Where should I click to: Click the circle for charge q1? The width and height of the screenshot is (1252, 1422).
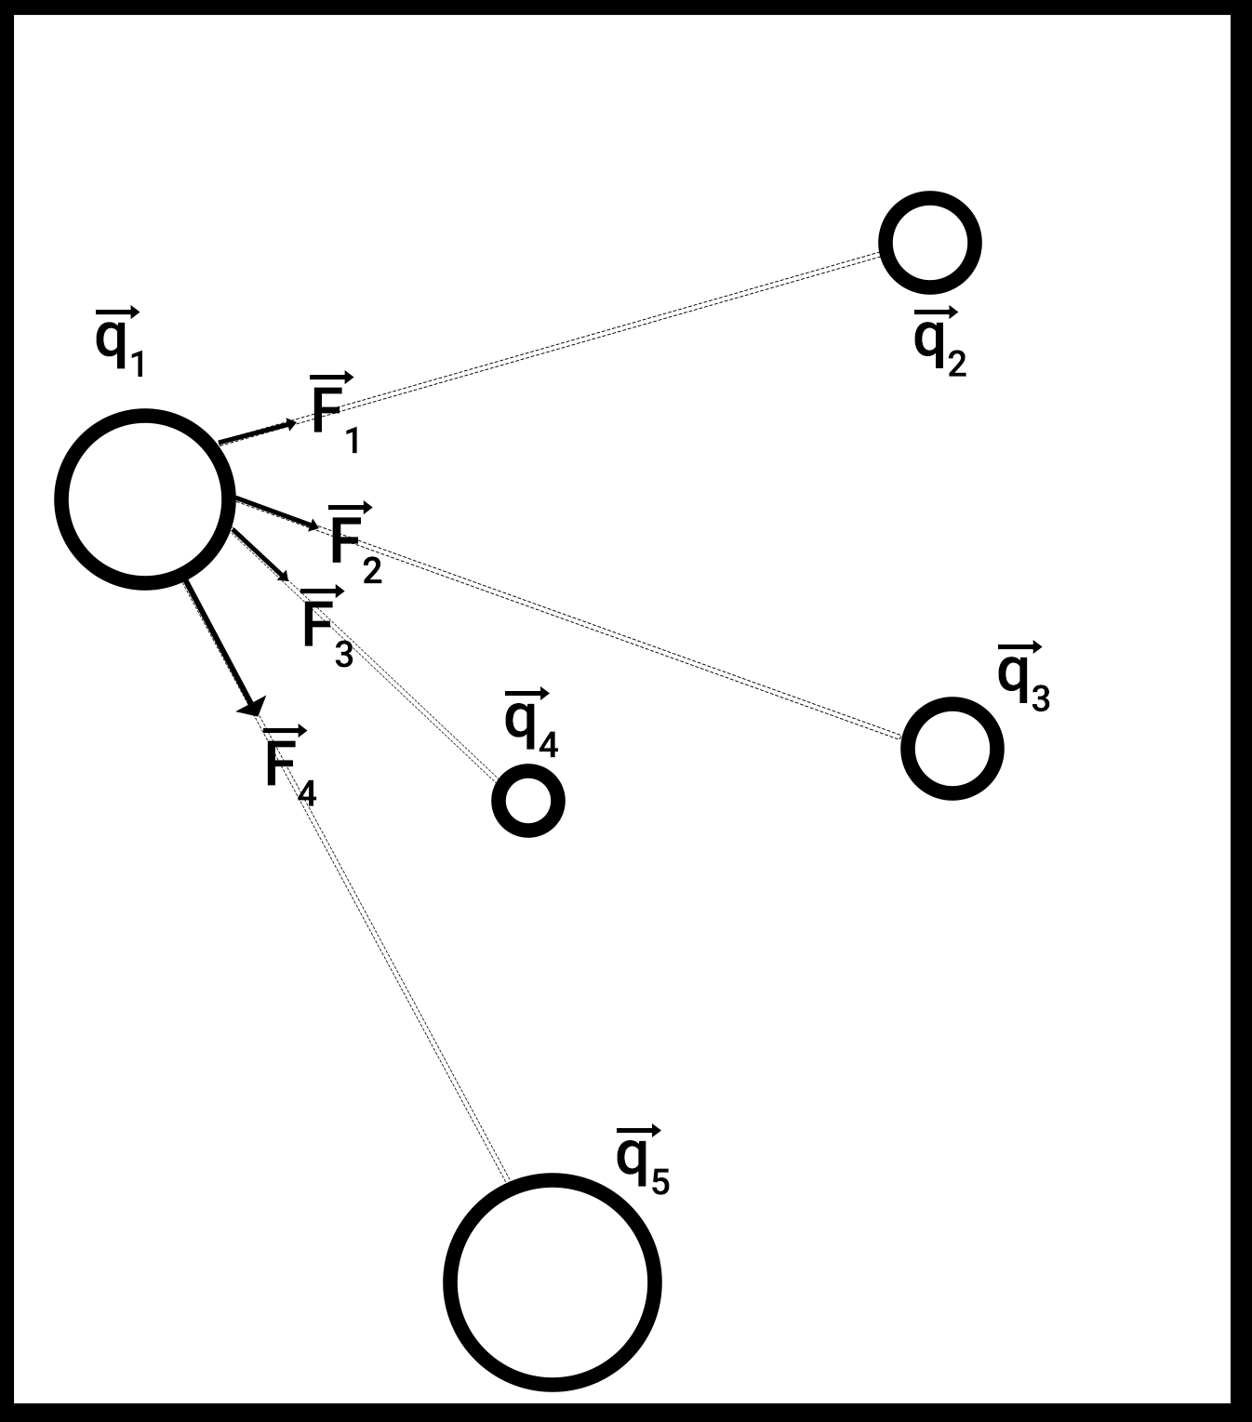[x=144, y=498]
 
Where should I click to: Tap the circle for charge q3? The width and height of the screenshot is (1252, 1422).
[x=952, y=748]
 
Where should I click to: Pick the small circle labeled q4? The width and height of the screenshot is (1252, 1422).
[x=527, y=800]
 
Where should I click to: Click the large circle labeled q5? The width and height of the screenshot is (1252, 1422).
[x=553, y=1281]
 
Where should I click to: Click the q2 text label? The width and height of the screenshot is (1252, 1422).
[x=939, y=342]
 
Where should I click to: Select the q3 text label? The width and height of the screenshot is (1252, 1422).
[x=1022, y=678]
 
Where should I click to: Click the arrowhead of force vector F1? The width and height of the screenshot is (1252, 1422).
[x=291, y=424]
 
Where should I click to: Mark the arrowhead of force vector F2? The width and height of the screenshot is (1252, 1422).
[x=313, y=527]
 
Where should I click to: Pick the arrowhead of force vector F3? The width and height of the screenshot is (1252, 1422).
[x=284, y=577]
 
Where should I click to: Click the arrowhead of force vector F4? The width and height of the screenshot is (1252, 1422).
[x=252, y=708]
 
